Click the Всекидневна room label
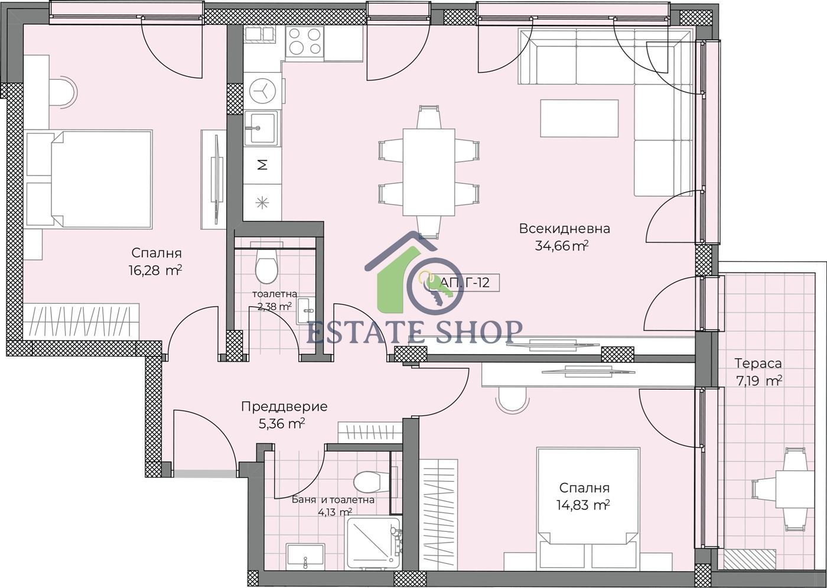(564, 229)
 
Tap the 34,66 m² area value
(561, 246)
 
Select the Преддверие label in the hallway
(284, 407)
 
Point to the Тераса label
(758, 363)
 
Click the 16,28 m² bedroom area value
(155, 271)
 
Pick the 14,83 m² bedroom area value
(584, 505)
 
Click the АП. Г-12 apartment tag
(465, 282)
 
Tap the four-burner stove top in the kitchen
(305, 41)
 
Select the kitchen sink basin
(261, 128)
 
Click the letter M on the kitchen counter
(262, 164)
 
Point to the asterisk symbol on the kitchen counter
(262, 202)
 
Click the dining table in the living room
(429, 172)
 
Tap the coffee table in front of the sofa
(579, 119)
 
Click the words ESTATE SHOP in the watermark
(414, 332)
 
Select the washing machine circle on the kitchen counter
(262, 91)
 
